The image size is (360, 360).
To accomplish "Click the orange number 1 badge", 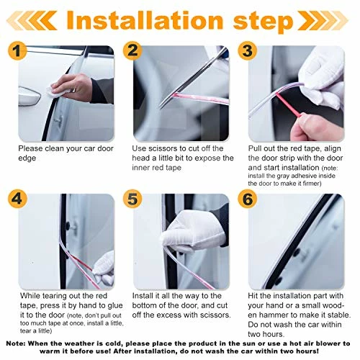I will [x=20, y=53].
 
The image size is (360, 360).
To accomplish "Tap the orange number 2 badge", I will [x=131, y=52].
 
